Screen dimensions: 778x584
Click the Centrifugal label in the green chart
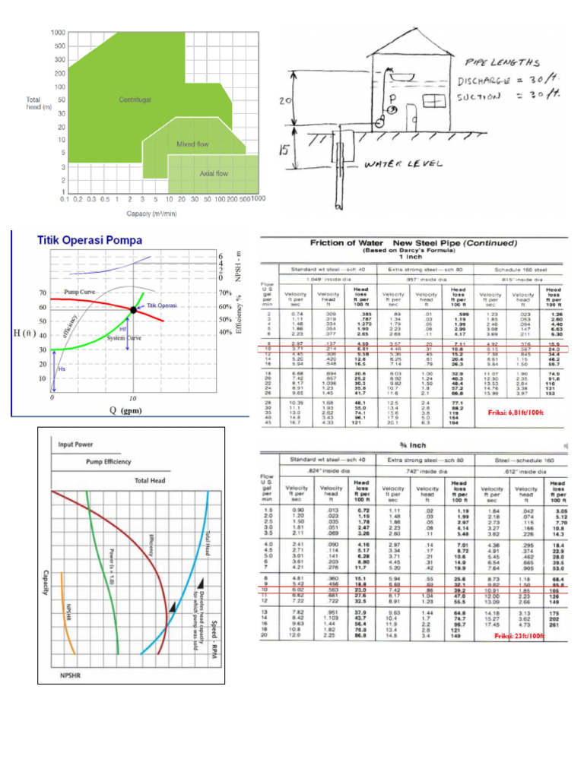click(135, 100)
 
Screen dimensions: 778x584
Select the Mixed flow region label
click(192, 144)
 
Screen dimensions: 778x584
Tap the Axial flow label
click(214, 174)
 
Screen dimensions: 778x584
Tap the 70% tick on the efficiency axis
click(227, 293)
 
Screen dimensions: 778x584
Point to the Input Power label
click(76, 445)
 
